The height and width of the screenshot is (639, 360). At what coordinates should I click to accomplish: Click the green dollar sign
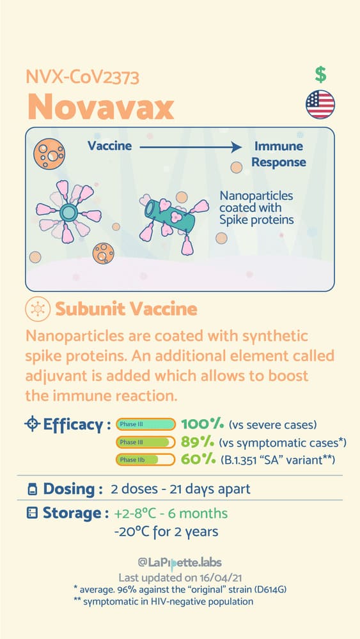(x=320, y=75)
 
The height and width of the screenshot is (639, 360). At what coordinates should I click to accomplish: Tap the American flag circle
(x=320, y=104)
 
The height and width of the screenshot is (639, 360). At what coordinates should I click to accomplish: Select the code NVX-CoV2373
(x=82, y=77)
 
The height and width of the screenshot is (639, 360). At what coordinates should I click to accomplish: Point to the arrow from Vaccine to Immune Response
(x=191, y=147)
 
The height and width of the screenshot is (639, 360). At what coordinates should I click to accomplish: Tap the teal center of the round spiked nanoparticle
(x=68, y=212)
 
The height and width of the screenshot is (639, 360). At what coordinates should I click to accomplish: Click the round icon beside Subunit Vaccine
(x=38, y=309)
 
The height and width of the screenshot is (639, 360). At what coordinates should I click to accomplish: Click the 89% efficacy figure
(x=197, y=442)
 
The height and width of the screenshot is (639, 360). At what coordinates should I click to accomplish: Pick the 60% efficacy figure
(x=198, y=459)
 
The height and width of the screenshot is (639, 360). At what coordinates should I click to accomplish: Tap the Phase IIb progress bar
(x=146, y=459)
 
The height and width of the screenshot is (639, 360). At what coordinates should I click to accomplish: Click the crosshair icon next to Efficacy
(x=32, y=425)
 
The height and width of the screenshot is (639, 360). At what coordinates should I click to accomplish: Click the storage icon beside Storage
(x=32, y=514)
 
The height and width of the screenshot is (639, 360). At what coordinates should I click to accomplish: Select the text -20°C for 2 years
(x=166, y=532)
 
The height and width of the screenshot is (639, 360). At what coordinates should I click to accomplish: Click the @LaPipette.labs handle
(x=180, y=563)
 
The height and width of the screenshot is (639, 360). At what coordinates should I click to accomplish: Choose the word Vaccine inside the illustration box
(x=110, y=146)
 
